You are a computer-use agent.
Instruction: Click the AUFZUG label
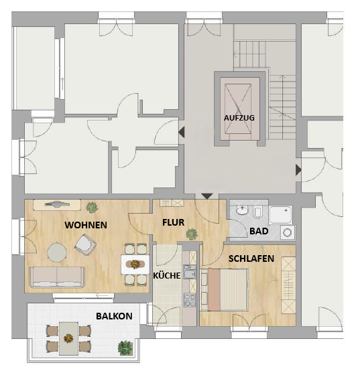[239, 118]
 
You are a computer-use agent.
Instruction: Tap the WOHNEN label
[86, 225]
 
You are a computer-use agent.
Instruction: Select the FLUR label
[174, 222]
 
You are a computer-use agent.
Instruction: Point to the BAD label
[259, 231]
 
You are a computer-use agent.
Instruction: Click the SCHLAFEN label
[251, 258]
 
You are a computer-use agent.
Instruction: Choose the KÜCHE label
[167, 275]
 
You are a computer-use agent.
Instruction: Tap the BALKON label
[114, 316]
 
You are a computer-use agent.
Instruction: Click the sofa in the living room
[57, 277]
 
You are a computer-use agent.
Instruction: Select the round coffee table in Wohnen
[57, 252]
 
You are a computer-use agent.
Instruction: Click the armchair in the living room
[86, 245]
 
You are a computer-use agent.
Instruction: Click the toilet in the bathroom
[257, 212]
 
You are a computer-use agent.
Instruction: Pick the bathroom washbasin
[242, 210]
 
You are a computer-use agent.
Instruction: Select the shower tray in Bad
[280, 215]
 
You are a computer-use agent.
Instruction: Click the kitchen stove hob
[190, 300]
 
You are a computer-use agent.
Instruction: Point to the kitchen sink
[190, 272]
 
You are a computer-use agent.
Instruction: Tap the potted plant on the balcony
[125, 348]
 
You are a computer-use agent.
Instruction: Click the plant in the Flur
[192, 234]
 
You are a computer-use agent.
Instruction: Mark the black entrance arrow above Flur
[207, 196]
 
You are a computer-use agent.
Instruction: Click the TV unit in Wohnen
[57, 205]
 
